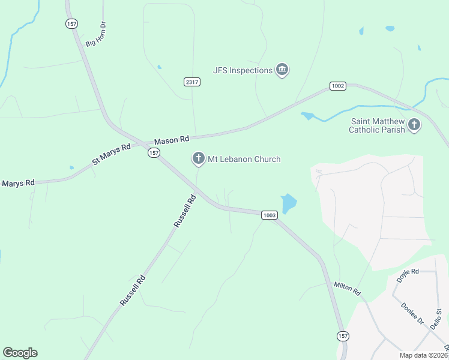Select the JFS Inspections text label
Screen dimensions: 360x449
[x=243, y=70]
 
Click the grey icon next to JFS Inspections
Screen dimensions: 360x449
[x=282, y=70]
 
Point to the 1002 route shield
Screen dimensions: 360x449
[x=338, y=86]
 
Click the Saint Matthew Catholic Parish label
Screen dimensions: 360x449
[x=378, y=125]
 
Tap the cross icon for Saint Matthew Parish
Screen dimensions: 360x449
[x=414, y=125]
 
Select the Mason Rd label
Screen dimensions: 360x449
[x=172, y=140]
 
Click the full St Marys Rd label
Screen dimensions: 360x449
[x=111, y=154]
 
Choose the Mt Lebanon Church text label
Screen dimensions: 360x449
[x=244, y=159]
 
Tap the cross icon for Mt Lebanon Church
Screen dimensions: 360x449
[x=198, y=159]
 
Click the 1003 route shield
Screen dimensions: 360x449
[x=269, y=215]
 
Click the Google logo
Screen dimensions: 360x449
[x=20, y=353]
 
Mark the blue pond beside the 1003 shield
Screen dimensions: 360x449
[x=289, y=203]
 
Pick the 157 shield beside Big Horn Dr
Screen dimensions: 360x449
[x=72, y=23]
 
